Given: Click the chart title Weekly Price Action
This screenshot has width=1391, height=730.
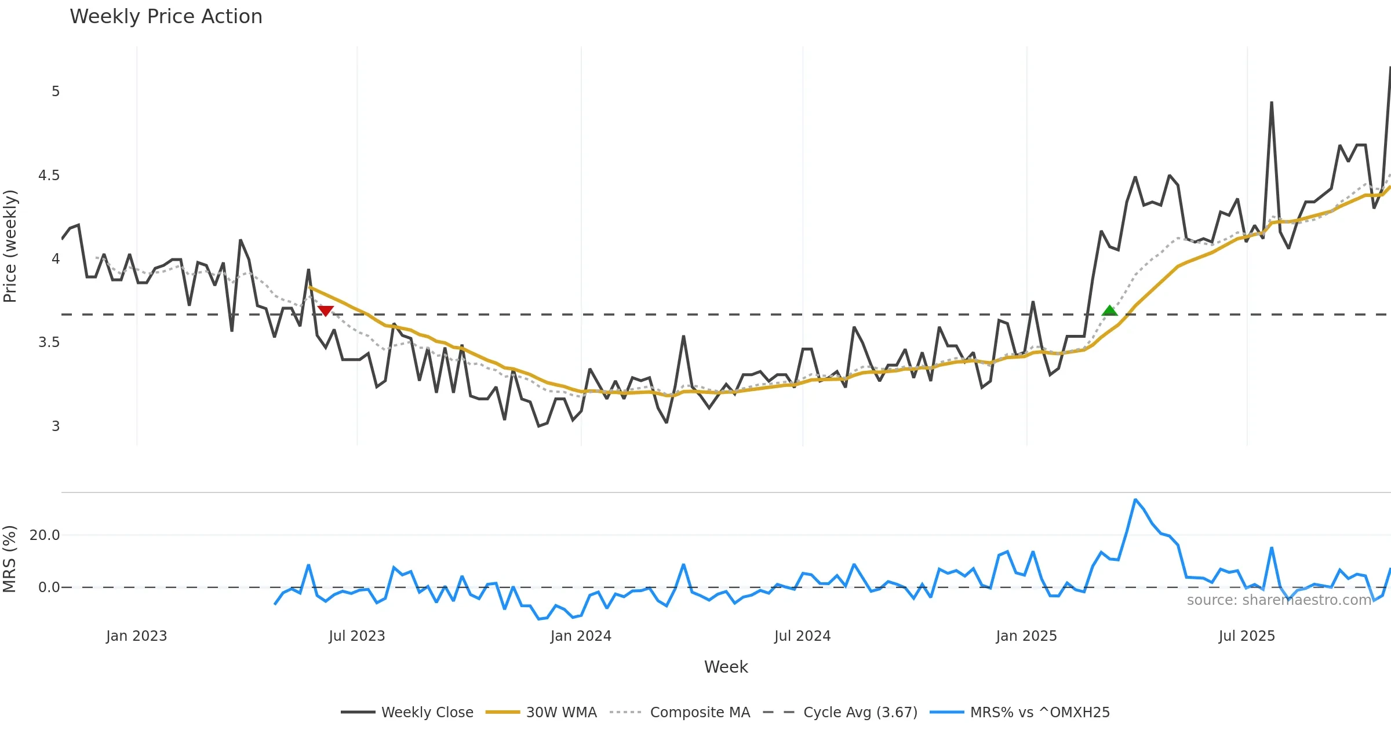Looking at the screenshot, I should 166,17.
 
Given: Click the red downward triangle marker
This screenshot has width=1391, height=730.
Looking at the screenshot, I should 326,311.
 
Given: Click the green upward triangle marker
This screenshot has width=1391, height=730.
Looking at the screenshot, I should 1109,311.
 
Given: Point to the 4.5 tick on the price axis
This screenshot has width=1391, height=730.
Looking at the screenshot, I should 49,176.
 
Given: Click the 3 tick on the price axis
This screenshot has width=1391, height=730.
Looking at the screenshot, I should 56,426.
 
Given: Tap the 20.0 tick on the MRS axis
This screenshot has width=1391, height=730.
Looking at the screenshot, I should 45,535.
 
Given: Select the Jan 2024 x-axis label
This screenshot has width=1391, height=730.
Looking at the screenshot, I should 581,636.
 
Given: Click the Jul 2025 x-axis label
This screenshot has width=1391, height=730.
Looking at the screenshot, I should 1247,636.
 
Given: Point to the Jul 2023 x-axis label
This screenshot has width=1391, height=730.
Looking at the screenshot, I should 356,636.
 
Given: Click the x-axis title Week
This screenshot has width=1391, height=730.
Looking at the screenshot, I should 726,667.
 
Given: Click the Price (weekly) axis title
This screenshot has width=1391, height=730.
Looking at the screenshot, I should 10,246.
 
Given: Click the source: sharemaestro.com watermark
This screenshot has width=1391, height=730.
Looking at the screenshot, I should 1279,600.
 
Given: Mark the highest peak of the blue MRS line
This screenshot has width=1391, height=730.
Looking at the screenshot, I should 1135,499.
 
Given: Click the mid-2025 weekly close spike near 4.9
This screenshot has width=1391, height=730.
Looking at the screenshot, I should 1271,103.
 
